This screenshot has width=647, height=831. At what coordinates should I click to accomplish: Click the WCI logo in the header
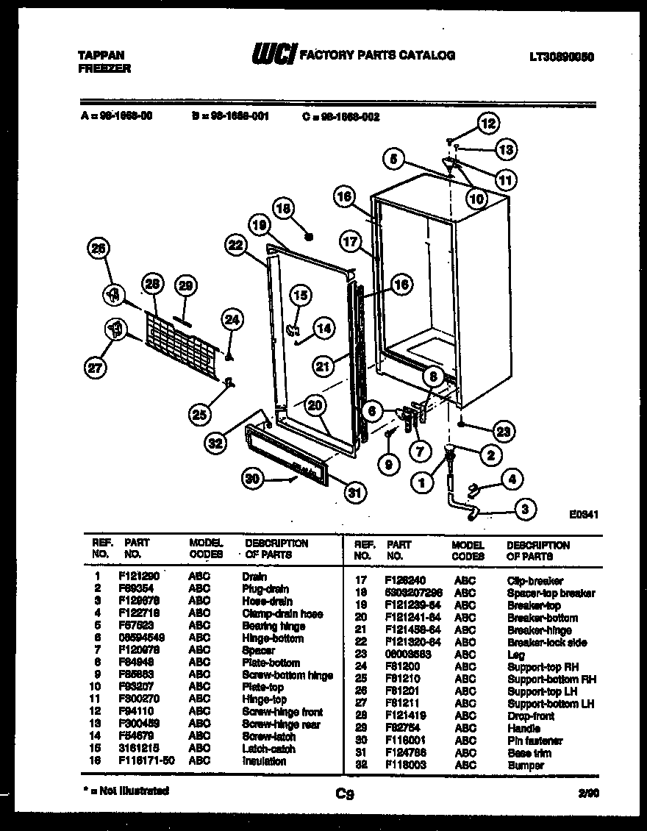(x=274, y=55)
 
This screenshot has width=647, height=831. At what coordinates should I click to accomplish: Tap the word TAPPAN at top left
(x=101, y=55)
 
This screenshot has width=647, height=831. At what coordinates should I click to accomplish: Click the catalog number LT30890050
(x=561, y=56)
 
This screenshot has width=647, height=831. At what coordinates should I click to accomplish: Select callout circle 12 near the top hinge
(x=488, y=124)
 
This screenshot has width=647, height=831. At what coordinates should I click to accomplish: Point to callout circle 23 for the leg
(x=504, y=432)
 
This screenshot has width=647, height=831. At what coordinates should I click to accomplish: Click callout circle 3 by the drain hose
(x=525, y=508)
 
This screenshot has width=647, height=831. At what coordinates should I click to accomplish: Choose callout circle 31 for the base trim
(x=355, y=493)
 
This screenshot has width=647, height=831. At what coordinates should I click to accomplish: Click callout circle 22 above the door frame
(x=235, y=247)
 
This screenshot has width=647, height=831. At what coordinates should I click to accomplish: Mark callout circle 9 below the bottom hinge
(x=388, y=464)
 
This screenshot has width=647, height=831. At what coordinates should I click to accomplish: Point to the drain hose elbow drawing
(x=463, y=507)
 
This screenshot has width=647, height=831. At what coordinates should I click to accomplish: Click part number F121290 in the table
(x=139, y=577)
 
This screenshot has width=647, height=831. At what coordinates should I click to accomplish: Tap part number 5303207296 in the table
(x=414, y=593)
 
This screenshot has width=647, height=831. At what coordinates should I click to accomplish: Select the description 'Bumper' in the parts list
(x=526, y=766)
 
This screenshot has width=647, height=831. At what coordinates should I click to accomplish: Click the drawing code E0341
(x=584, y=515)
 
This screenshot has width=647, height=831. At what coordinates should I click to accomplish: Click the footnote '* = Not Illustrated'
(x=126, y=791)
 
